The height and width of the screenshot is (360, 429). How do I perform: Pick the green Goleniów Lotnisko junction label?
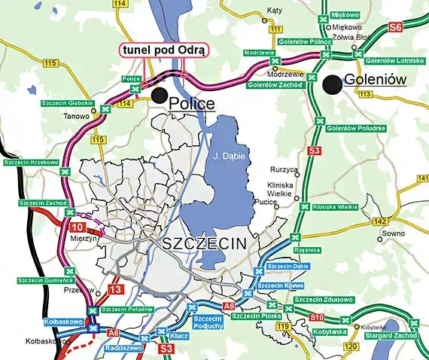(389, 59)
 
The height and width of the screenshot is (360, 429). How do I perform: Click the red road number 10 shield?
(78, 227)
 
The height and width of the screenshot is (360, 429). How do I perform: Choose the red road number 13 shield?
(114, 289)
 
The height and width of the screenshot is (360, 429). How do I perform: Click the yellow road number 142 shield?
(382, 221)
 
